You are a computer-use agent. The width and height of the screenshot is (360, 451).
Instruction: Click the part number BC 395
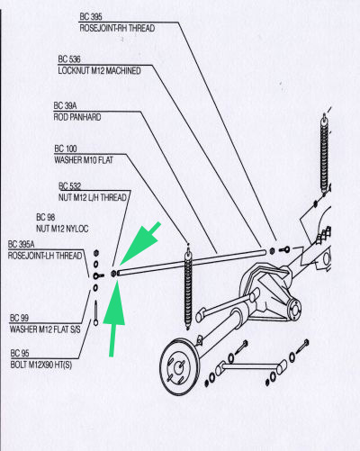[x=91, y=16]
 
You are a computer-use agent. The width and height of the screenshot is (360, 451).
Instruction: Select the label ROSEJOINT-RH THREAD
[x=117, y=28]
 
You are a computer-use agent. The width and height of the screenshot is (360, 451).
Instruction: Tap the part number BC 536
[x=69, y=59]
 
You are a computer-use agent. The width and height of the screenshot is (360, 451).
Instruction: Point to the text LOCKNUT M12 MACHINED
[x=99, y=71]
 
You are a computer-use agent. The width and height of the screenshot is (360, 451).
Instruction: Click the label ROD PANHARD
[x=77, y=117]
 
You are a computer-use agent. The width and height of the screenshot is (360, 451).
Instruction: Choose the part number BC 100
[x=66, y=149]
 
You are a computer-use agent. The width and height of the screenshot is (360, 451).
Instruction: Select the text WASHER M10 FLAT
[x=84, y=160]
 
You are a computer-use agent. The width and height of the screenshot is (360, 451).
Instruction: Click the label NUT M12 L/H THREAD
[x=93, y=197]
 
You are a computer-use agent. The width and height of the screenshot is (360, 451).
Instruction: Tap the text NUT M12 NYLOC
[x=62, y=229]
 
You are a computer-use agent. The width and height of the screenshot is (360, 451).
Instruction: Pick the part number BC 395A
[x=21, y=244]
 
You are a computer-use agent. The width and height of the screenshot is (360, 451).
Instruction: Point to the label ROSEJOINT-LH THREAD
[x=45, y=256]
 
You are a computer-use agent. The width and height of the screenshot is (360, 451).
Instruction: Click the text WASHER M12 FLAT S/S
[x=45, y=329]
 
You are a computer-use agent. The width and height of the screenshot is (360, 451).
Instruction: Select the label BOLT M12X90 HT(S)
[x=41, y=365]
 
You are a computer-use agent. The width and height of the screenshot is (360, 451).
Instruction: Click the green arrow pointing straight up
[x=114, y=318]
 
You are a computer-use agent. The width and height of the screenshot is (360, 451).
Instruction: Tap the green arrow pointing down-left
[x=141, y=244]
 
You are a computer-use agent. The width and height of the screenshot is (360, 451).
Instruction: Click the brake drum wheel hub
[x=179, y=367]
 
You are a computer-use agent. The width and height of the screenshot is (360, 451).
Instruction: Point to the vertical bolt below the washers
[x=95, y=313]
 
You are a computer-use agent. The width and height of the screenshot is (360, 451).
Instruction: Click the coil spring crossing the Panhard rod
[x=188, y=286]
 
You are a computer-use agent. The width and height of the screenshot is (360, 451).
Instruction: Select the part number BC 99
[x=19, y=318]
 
